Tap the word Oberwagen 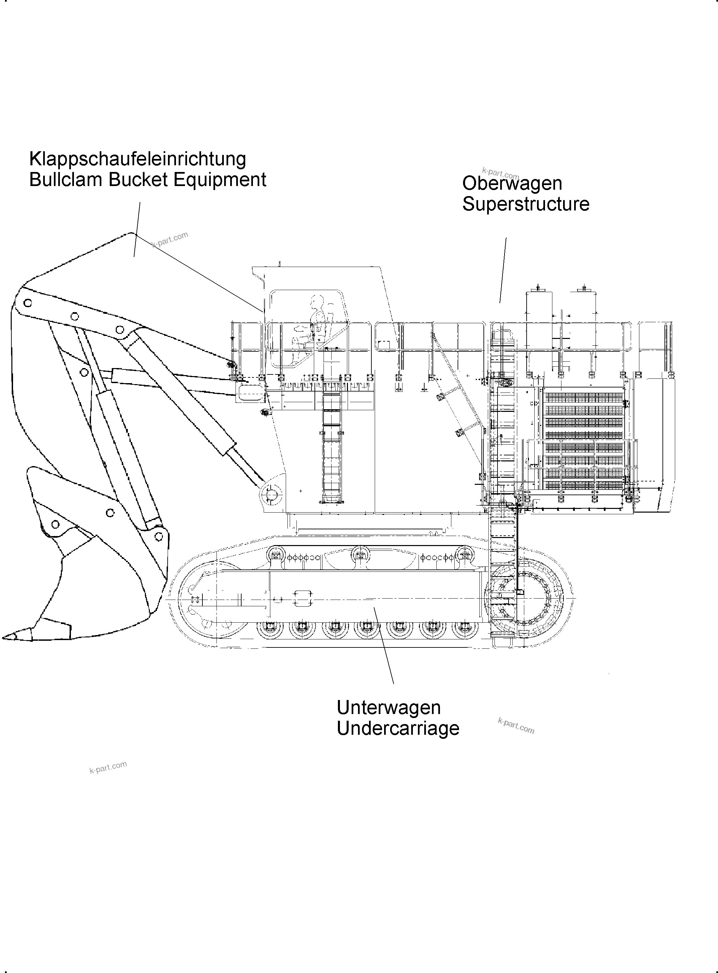tap(512, 183)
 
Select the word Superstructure tap(526, 204)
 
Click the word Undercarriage tap(398, 728)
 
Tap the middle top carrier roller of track tap(359, 555)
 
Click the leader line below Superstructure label tap(503, 269)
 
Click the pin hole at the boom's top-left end tap(28, 302)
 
